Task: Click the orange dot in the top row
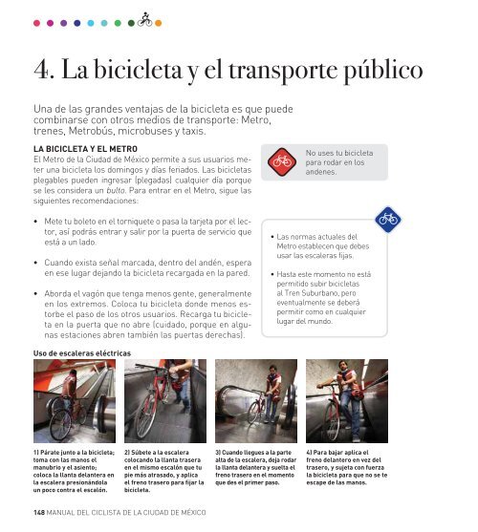[158, 23]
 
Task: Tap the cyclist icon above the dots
[145, 19]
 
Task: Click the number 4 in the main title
[41, 70]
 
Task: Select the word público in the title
[383, 71]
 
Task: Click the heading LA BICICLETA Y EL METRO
[85, 149]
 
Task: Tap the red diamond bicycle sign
[282, 161]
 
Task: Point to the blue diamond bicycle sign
[388, 220]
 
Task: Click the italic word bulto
[116, 190]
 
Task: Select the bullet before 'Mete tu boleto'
[35, 222]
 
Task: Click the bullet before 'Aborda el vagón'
[35, 294]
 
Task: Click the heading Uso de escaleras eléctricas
[82, 353]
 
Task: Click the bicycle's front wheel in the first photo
[61, 425]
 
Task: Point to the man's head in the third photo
[273, 370]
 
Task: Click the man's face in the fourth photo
[343, 367]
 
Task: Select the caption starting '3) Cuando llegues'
[255, 467]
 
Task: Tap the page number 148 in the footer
[39, 512]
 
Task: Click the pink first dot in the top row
[36, 23]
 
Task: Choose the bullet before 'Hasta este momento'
[272, 274]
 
